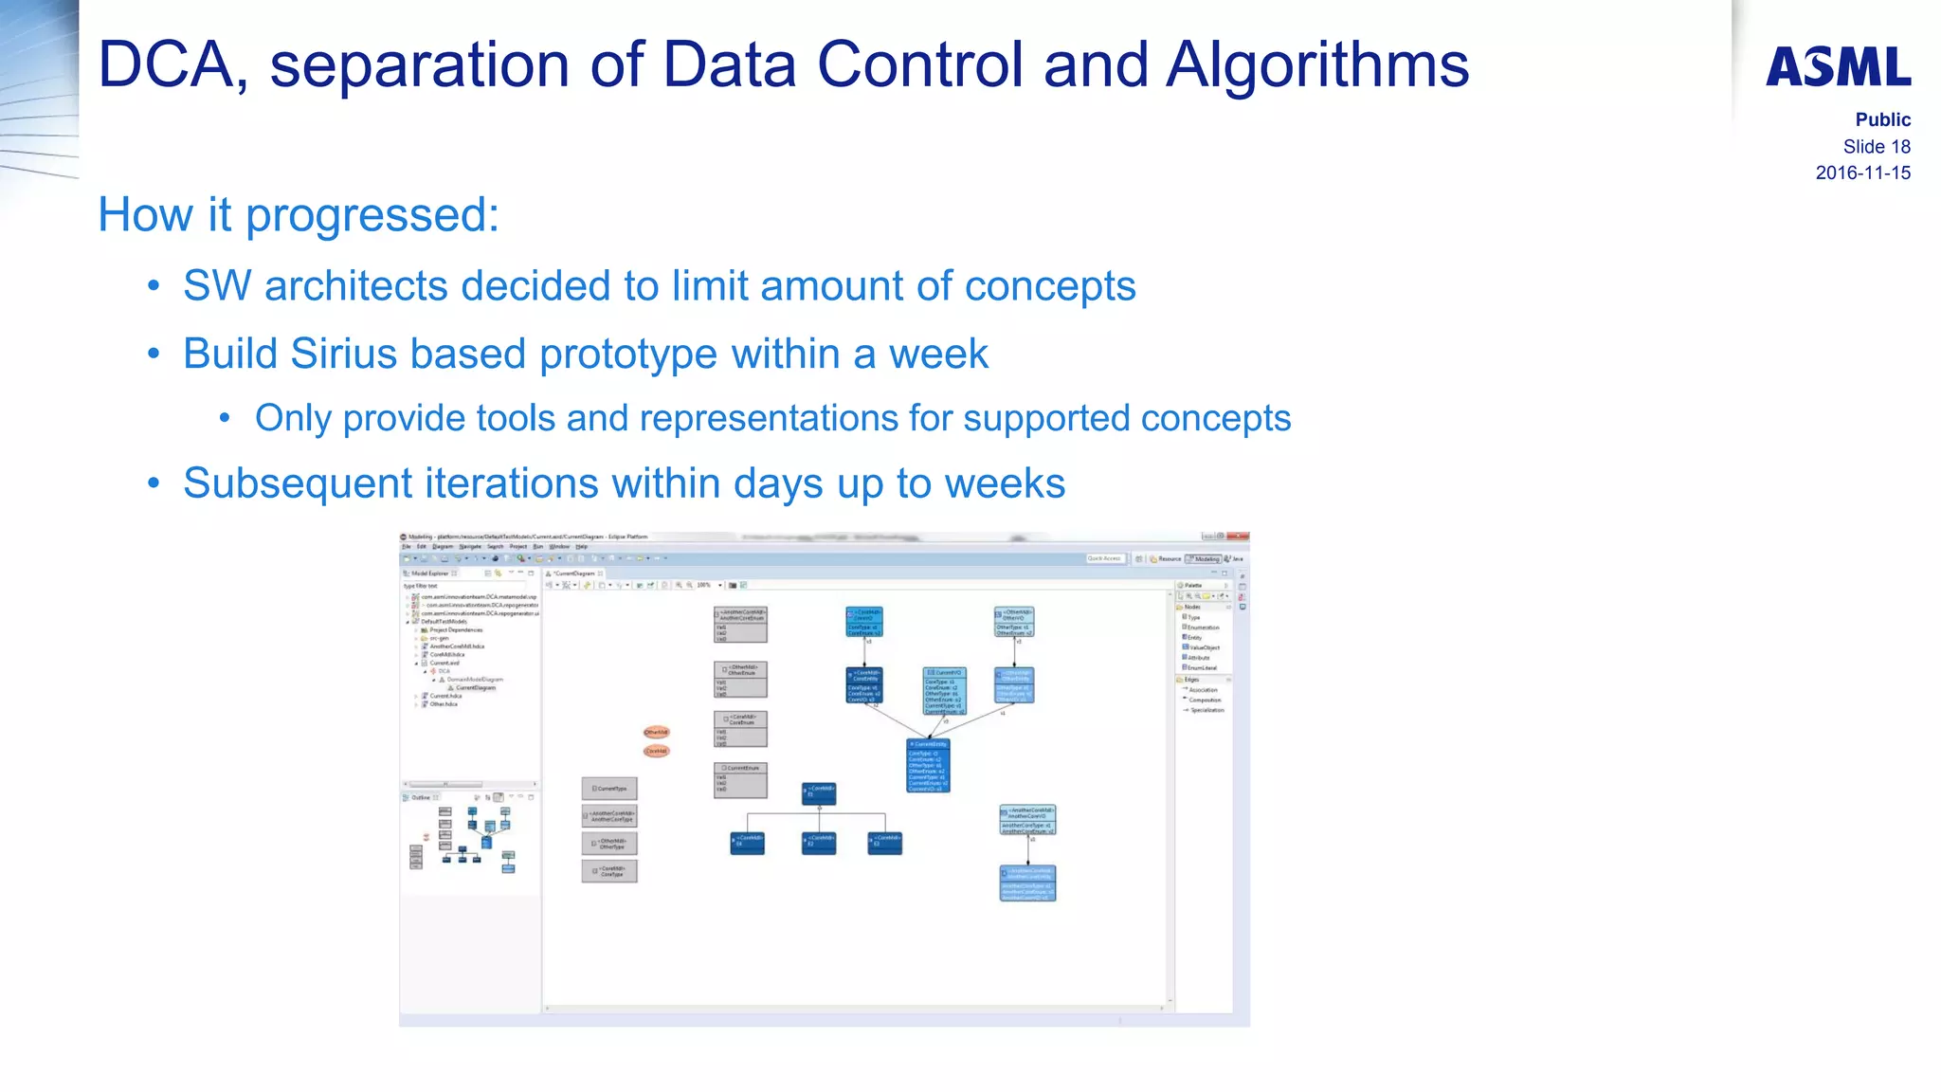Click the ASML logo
click(1838, 67)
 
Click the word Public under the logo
click(1882, 119)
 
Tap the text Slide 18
click(1876, 146)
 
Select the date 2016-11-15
click(1862, 173)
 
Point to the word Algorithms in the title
click(1317, 65)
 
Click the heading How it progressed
click(298, 214)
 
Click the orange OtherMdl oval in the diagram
click(656, 732)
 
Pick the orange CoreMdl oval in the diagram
click(656, 751)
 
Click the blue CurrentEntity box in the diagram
click(928, 764)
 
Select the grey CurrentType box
click(609, 788)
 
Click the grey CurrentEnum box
click(740, 780)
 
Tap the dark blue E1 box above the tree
click(819, 793)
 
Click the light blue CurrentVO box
click(944, 690)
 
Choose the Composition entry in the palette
click(1205, 700)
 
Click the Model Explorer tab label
click(430, 573)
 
